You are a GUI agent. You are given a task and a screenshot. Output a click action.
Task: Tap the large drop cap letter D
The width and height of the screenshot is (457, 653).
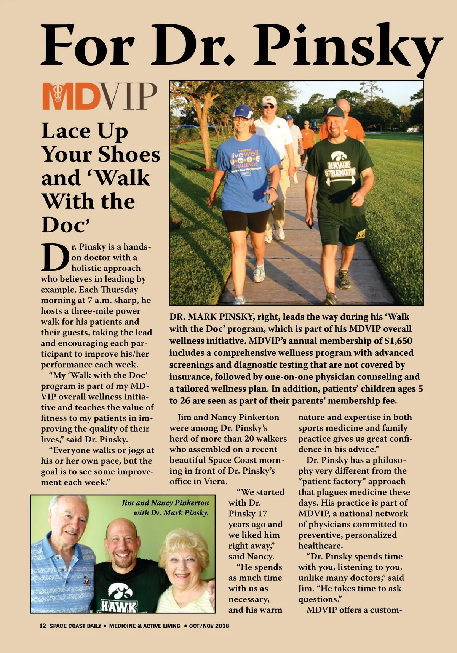click(x=55, y=258)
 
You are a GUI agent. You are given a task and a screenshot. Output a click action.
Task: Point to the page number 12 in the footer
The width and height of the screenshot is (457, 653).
click(x=43, y=626)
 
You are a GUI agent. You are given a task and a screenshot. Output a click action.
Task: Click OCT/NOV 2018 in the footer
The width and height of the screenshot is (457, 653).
click(x=209, y=626)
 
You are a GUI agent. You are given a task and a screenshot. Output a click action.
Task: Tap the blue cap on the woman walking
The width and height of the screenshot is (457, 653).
click(x=243, y=112)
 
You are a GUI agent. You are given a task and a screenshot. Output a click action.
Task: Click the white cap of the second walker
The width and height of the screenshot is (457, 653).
click(x=270, y=101)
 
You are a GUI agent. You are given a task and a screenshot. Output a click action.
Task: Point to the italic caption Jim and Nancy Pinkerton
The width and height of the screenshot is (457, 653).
click(x=165, y=503)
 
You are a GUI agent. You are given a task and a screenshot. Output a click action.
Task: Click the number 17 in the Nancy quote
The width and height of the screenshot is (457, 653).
click(x=262, y=513)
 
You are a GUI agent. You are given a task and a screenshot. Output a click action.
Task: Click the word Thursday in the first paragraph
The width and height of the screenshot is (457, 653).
click(x=120, y=290)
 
